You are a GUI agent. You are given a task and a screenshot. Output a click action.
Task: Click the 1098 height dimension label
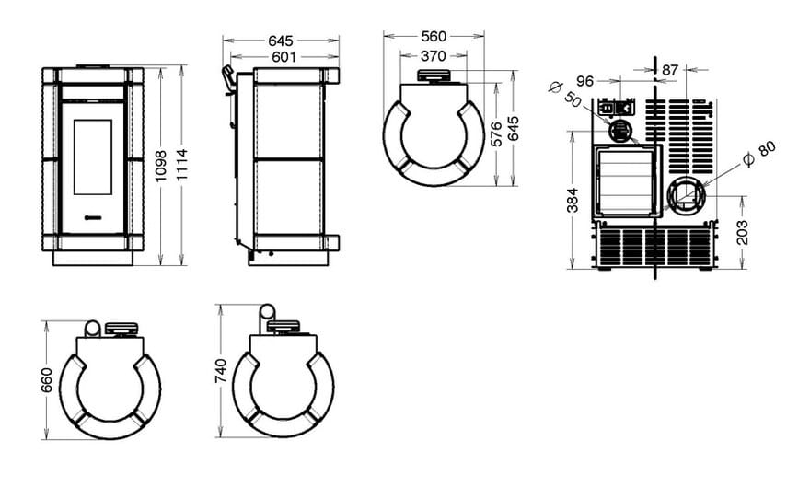[x=161, y=166]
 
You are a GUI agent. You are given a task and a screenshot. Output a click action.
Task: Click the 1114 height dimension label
[x=181, y=165]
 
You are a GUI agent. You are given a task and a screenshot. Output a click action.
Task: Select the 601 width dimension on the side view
[x=283, y=57]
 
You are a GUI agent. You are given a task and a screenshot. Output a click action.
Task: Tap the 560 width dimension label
[x=434, y=36]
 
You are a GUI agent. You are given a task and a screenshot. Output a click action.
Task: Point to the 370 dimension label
[x=433, y=55]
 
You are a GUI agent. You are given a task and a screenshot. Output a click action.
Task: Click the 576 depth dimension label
[x=496, y=133]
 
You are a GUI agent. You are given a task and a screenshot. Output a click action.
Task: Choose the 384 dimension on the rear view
[x=573, y=201]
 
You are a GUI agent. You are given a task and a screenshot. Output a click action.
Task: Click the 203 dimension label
[x=742, y=232]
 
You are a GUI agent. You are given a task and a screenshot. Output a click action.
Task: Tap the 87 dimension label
[x=670, y=69]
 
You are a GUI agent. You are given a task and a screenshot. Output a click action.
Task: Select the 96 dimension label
[x=585, y=81]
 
